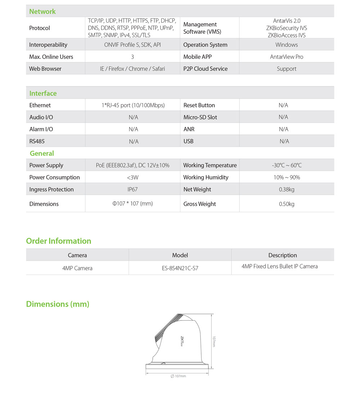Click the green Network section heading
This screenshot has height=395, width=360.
[42, 12]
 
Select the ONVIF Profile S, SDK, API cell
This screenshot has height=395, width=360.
[132, 45]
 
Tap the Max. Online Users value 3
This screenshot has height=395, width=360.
[132, 57]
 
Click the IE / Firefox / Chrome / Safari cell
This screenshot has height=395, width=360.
[132, 69]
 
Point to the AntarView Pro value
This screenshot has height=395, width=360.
[287, 57]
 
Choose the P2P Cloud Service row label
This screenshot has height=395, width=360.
[205, 69]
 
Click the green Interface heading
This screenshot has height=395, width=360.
[43, 93]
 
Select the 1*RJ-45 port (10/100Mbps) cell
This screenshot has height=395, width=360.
[133, 105]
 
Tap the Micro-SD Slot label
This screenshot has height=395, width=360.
[200, 117]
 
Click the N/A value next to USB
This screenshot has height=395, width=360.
[284, 141]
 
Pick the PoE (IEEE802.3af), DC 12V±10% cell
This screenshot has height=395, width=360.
[132, 165]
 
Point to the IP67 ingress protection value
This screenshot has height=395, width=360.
[132, 189]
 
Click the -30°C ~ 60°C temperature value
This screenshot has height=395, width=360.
[287, 165]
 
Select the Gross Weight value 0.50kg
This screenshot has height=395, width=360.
[287, 204]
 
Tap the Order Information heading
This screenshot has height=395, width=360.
[59, 241]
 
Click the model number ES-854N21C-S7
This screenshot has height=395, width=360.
[180, 268]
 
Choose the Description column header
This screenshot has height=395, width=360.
[283, 255]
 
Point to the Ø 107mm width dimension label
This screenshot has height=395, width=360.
[178, 376]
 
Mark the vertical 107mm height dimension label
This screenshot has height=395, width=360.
[214, 341]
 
